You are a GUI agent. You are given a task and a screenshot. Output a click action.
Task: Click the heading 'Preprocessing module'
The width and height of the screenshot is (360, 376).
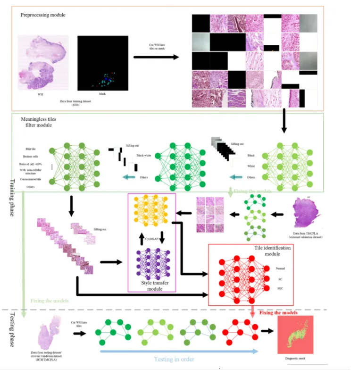[x=42, y=15]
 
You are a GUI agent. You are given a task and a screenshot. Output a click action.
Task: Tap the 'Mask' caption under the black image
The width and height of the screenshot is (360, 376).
[x=102, y=94]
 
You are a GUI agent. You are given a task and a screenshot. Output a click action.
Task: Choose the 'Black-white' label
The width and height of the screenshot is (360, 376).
[x=143, y=155]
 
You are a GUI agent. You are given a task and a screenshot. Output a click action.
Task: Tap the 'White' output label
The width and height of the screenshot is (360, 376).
[x=250, y=166]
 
